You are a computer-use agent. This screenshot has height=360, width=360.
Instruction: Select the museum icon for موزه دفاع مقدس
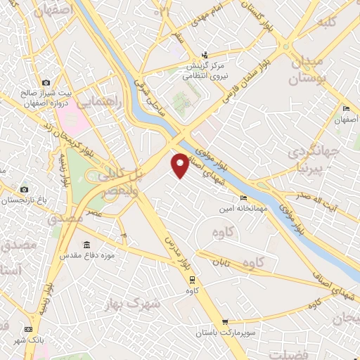tap(86, 245)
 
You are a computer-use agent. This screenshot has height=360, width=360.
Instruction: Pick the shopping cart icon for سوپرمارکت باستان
tap(224, 323)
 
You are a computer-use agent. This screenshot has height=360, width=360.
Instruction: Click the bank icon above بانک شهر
tap(28, 329)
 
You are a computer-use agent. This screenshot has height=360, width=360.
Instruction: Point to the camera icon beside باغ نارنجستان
tap(24, 189)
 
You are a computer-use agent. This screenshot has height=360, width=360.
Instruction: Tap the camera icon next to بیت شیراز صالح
tap(46, 83)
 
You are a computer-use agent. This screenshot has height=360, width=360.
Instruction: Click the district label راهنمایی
tap(98, 103)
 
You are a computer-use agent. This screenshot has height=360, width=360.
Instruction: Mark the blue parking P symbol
tap(124, 235)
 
